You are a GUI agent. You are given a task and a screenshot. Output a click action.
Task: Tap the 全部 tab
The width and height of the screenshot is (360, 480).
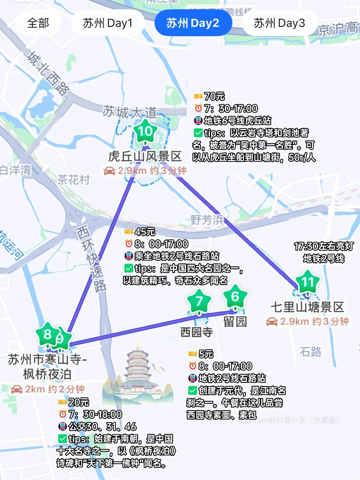38,23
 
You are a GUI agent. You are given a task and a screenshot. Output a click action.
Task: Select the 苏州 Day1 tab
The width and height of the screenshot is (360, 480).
108,23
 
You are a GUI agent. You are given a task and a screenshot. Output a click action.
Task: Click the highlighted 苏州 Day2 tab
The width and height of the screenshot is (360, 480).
193,23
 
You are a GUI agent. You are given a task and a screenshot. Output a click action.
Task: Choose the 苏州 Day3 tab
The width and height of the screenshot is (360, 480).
279,23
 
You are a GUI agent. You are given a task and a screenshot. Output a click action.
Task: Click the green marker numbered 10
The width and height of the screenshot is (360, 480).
145,132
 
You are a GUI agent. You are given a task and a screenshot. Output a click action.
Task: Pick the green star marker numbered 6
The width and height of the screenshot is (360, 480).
235,296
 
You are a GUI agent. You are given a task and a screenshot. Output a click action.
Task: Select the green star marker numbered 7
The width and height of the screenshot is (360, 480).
199,301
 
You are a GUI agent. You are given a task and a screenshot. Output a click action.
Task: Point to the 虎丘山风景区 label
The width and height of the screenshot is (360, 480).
145,156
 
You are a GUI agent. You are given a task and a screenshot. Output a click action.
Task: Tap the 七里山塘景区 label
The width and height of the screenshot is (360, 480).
307,307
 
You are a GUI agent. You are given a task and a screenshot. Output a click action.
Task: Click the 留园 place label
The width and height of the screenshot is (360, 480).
235,322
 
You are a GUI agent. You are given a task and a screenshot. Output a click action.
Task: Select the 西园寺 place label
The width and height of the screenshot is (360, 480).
196,332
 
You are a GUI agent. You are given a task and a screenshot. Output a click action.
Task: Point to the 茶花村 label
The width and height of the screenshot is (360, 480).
73,180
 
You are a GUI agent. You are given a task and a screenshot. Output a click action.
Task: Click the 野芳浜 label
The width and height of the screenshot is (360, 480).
207,220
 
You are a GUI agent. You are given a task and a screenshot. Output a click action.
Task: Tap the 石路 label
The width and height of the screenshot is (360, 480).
310,352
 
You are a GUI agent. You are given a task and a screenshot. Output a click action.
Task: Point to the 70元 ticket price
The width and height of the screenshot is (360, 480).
214,96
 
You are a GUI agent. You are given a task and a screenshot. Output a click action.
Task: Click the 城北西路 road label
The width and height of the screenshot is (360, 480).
49,74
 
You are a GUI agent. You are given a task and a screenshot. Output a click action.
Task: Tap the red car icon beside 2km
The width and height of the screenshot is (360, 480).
17,389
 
